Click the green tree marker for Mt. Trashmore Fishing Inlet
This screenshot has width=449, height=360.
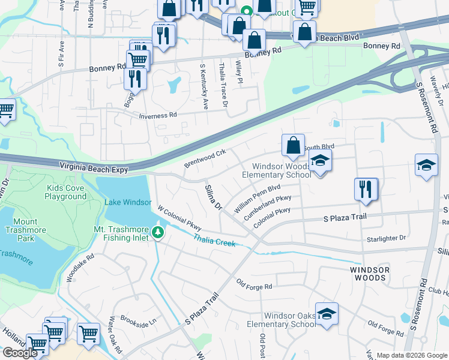coord(158,232)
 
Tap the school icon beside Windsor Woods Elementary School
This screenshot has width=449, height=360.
coord(321,161)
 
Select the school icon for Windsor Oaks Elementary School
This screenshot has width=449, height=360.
coord(327,314)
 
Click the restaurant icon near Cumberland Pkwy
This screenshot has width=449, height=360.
coord(366,189)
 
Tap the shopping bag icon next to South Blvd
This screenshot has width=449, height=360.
coord(292,145)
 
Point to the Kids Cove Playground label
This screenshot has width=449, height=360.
coord(66,192)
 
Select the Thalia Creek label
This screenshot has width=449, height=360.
coord(214,240)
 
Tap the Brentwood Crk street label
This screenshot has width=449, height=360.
coord(205,158)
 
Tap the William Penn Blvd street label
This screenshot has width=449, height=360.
coord(258,197)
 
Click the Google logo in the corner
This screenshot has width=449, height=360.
coord(20,353)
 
